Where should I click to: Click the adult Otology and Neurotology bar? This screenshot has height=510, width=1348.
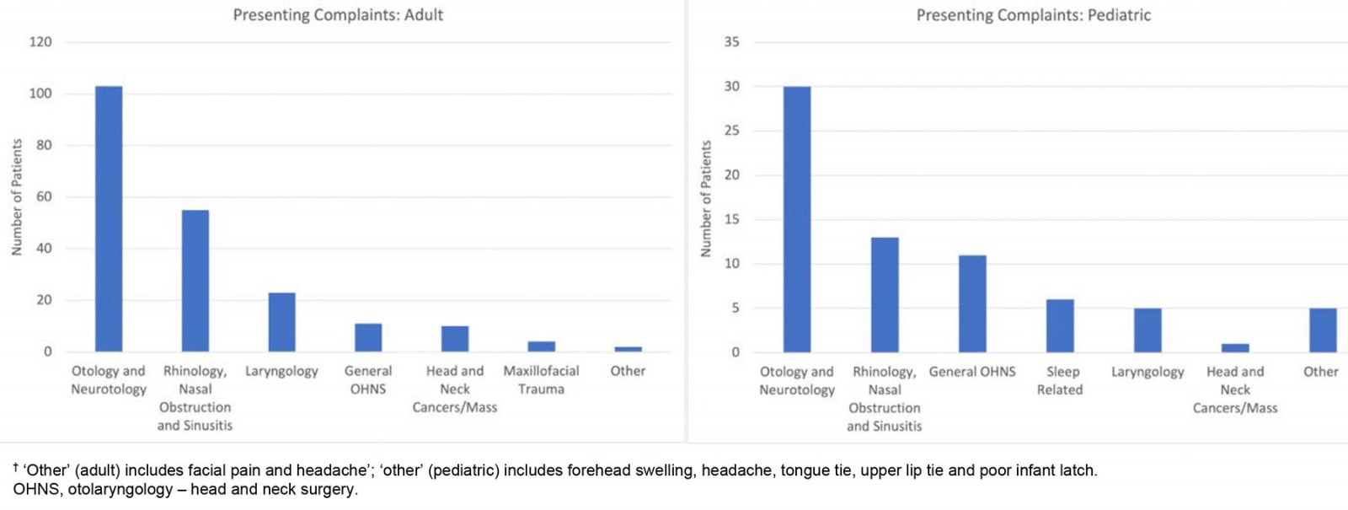(109, 219)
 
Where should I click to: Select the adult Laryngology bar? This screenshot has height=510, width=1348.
(281, 322)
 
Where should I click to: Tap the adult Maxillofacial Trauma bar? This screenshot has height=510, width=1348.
(541, 346)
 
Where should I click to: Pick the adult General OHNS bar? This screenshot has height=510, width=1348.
(368, 337)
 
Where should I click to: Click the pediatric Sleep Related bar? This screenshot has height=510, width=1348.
(1060, 325)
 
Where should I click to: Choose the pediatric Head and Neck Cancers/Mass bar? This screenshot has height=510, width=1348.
(1235, 347)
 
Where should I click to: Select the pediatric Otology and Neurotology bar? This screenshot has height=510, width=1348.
(797, 219)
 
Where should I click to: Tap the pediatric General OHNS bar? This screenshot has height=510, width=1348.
(972, 303)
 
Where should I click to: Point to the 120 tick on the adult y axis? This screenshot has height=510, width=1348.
(40, 42)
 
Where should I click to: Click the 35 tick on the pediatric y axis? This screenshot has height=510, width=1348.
(731, 42)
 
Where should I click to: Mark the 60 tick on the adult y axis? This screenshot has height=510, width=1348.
(44, 196)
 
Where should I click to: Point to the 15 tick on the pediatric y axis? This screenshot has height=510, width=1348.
(731, 219)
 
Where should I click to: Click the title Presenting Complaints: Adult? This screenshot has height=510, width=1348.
(338, 15)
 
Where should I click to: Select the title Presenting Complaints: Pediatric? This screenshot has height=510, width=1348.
(1033, 15)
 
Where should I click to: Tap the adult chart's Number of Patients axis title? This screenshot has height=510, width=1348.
(17, 197)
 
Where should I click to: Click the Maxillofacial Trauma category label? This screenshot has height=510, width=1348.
(541, 379)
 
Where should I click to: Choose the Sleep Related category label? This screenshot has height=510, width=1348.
(1060, 380)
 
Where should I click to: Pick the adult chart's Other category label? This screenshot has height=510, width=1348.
(628, 371)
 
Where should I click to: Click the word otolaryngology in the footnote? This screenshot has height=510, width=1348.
(120, 489)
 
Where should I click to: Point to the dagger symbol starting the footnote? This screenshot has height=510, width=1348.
(16, 466)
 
